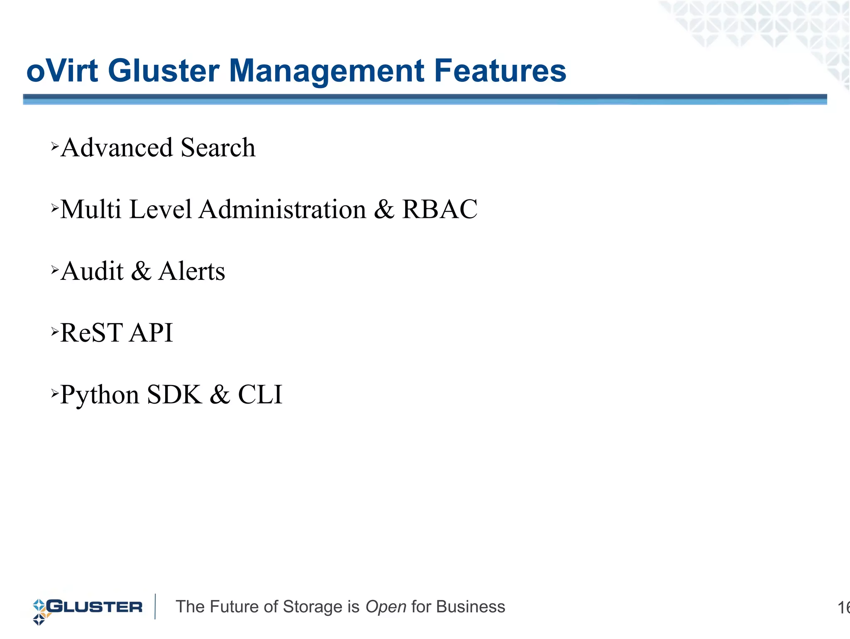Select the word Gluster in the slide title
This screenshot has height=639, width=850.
(164, 71)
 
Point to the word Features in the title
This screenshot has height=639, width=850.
(500, 71)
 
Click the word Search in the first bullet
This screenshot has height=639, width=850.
(218, 148)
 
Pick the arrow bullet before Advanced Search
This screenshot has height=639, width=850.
(55, 146)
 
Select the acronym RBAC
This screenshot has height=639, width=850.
(440, 209)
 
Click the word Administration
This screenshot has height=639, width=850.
(283, 209)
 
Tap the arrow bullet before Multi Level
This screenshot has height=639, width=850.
(55, 208)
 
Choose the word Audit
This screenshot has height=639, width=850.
(92, 271)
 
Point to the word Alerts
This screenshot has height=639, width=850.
(192, 271)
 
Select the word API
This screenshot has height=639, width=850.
(151, 333)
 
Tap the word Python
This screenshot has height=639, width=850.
(100, 395)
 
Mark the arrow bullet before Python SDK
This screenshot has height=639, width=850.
(55, 393)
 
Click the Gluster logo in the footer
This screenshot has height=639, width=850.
(88, 608)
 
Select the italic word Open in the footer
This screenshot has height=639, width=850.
(386, 607)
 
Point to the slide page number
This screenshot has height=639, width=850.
(843, 608)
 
